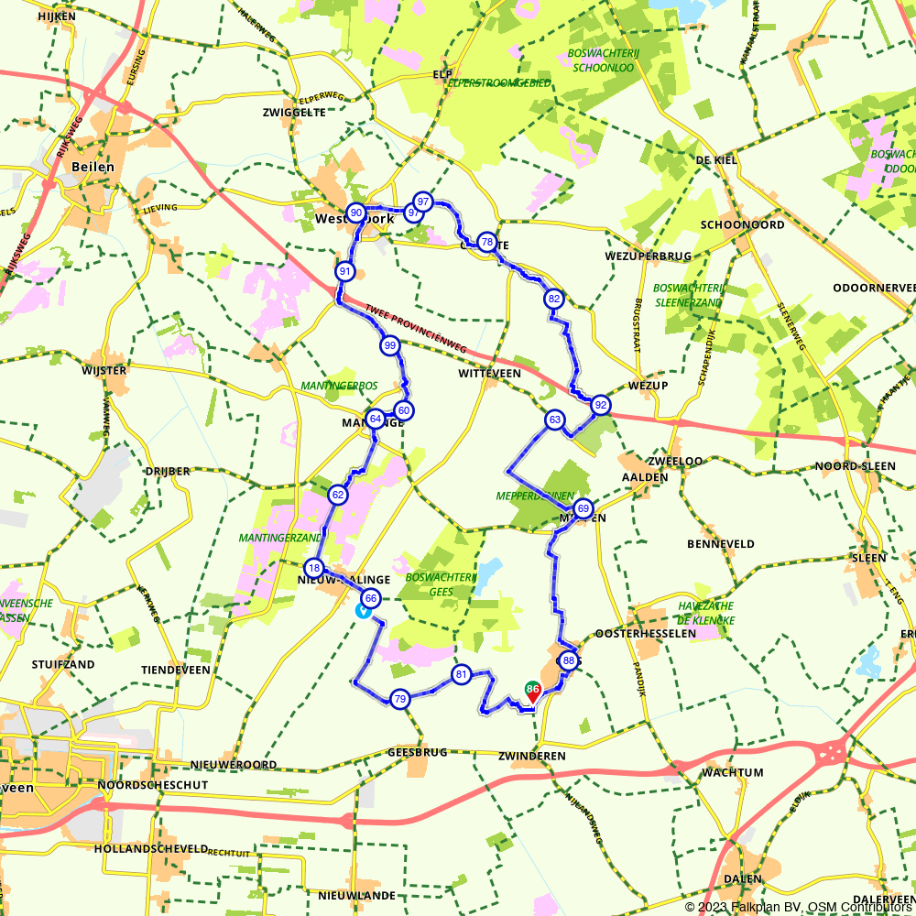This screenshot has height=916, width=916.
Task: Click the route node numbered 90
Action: tap(356, 213)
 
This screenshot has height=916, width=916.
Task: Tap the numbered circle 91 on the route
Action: tap(344, 271)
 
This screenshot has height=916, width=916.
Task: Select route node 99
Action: tap(389, 345)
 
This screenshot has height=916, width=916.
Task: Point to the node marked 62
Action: tap(338, 496)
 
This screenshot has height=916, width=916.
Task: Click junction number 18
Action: tap(313, 567)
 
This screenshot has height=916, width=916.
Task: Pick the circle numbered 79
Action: tap(399, 700)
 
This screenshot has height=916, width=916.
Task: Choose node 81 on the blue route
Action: tap(461, 675)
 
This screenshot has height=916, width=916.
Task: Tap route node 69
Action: tap(583, 508)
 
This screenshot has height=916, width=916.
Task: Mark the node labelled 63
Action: tap(554, 420)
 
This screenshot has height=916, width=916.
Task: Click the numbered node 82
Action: tap(553, 299)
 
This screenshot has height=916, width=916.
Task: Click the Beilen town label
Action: tap(92, 167)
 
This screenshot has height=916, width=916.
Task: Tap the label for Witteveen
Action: tap(490, 374)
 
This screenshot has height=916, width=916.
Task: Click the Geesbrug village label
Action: tap(417, 752)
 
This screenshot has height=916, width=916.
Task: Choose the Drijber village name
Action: tap(167, 471)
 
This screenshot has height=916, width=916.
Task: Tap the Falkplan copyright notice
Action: tap(799, 907)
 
